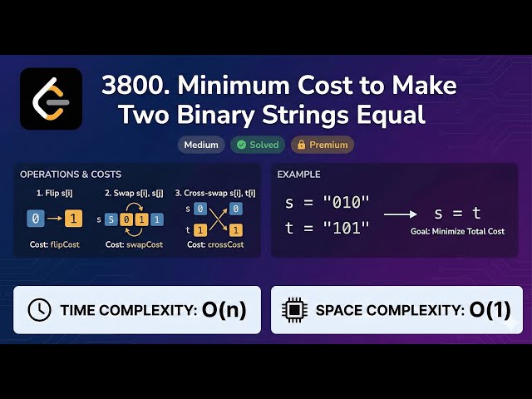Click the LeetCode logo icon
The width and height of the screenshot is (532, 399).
[x=51, y=99]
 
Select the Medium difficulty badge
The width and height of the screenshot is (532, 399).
[x=200, y=145]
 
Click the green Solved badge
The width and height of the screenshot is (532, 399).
[x=258, y=145]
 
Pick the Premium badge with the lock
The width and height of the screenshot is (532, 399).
[x=322, y=145]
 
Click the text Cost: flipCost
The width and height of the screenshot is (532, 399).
[x=54, y=245]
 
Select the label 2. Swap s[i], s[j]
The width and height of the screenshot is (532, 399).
[x=135, y=193]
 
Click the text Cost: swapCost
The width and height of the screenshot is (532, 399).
[x=135, y=245]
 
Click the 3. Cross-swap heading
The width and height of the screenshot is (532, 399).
[x=215, y=193]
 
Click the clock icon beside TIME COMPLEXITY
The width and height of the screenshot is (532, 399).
[x=39, y=310]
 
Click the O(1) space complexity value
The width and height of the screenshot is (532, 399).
[x=490, y=310]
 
